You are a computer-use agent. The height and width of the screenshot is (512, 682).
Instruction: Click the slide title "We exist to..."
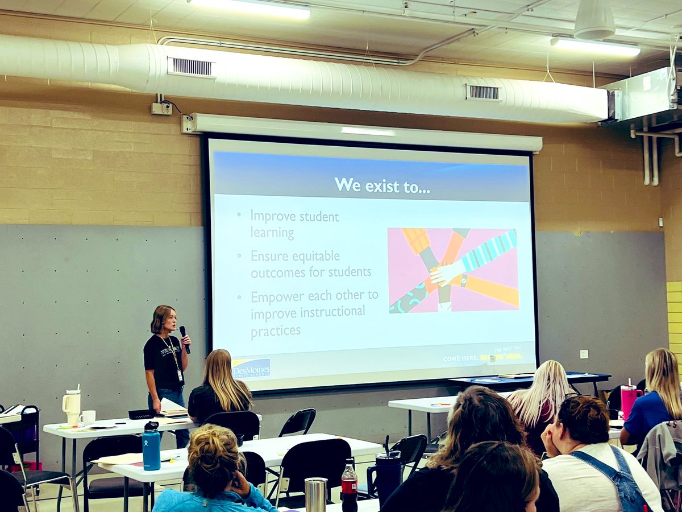[381, 185]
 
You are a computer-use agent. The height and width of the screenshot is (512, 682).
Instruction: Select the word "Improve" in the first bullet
[271, 217]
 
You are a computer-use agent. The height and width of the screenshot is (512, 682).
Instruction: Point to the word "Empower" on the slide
[277, 296]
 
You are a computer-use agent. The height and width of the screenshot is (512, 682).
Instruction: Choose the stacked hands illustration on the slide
[453, 270]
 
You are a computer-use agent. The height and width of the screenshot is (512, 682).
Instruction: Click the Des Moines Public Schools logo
[251, 369]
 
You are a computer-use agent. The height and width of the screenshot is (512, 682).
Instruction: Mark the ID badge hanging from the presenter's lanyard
[179, 375]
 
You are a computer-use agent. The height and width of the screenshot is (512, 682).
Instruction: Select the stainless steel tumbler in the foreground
[315, 494]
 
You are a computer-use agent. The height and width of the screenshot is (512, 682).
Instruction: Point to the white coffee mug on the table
[88, 418]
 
